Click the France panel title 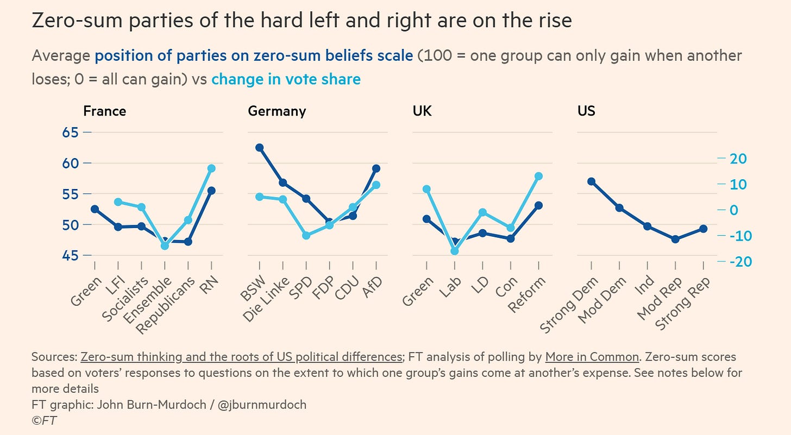[104, 111]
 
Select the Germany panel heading [277, 111]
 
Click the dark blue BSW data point [260, 148]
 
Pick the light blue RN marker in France [211, 168]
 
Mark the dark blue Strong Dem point [591, 181]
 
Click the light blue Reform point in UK [538, 176]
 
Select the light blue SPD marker [306, 236]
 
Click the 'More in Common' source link [592, 357]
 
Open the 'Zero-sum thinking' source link [240, 357]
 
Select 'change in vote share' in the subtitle [286, 79]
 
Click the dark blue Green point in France [95, 209]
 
